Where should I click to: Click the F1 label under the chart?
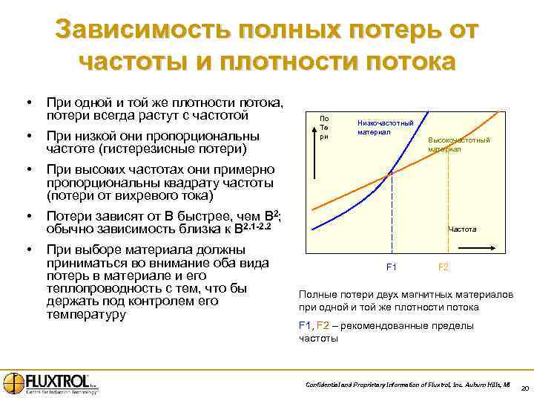pos(392,267)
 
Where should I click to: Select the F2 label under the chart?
pos(444,267)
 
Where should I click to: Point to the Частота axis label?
pos(462,229)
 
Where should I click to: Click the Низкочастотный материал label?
pos(385,127)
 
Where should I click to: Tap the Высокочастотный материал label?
pos(458,144)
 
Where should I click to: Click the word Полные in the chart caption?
pos(316,294)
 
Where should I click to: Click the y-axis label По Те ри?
pos(323,127)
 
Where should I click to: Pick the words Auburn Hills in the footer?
pos(483,384)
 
